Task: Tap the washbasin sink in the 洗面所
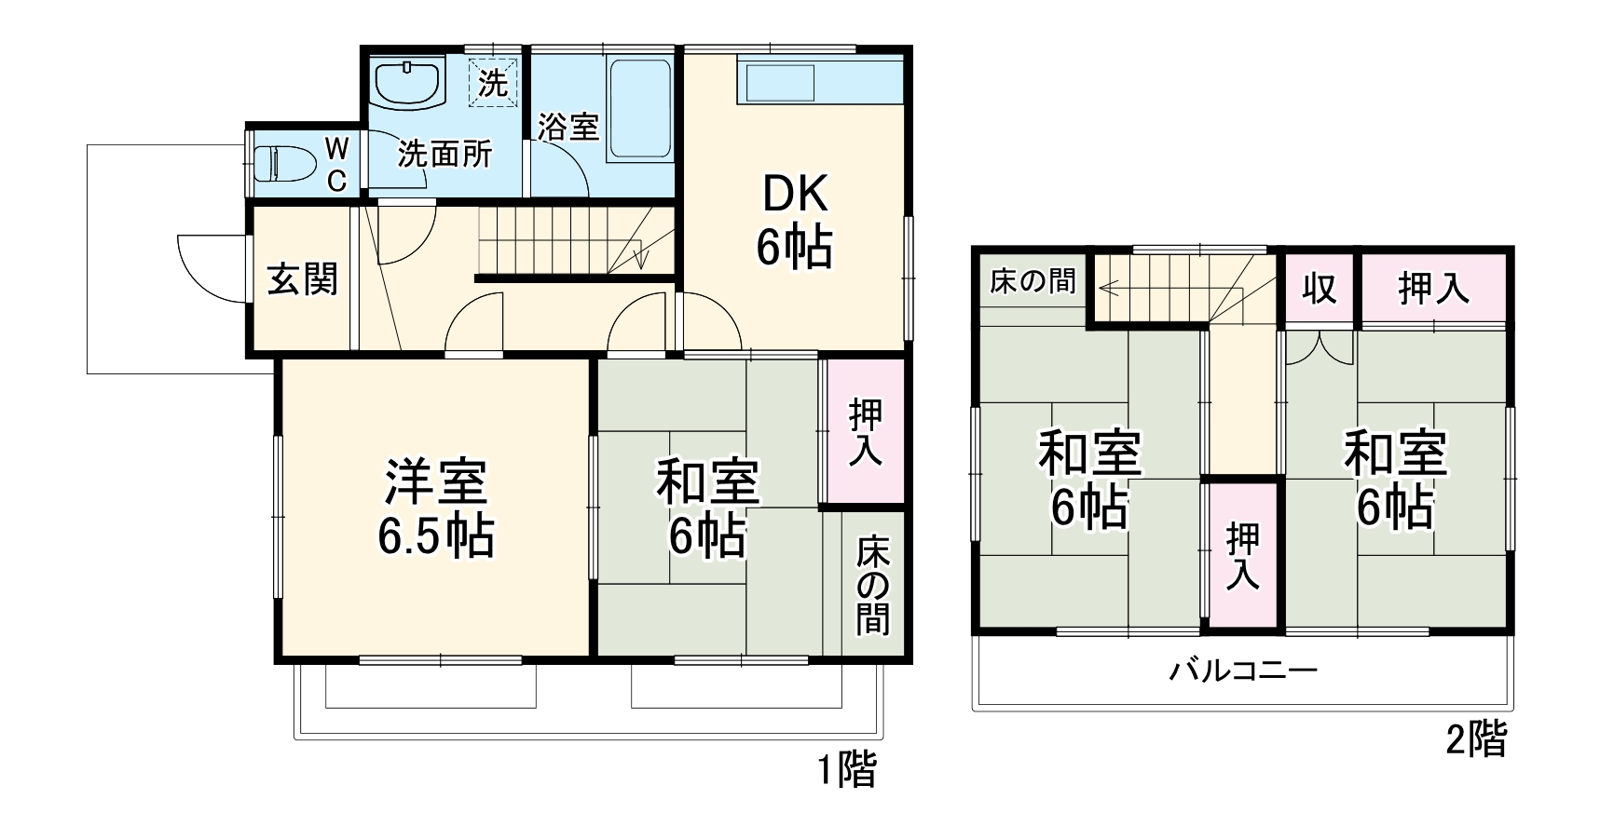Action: point(407,84)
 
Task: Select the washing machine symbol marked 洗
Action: point(492,83)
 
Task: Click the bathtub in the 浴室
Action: point(639,110)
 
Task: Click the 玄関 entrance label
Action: point(302,279)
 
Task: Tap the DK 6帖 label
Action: point(794,221)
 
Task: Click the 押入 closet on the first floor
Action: point(865,431)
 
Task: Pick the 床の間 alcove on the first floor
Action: point(873,585)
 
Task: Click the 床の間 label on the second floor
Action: point(1033,281)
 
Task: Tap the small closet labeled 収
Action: point(1320,289)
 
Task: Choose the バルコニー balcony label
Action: point(1243,670)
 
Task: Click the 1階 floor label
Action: point(846,770)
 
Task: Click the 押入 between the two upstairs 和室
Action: point(1243,556)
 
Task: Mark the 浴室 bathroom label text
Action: point(568,127)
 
